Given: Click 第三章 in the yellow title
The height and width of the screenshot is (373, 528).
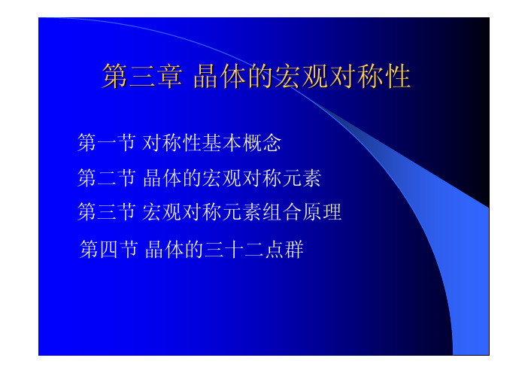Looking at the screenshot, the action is [x=142, y=76].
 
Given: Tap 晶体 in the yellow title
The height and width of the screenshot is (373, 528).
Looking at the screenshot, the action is [x=220, y=76].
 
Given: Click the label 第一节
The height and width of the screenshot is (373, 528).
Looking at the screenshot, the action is [x=106, y=142].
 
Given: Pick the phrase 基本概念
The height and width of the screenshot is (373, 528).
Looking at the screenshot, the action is [x=241, y=142].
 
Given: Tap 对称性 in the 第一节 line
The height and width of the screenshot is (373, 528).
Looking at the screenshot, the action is [x=171, y=142].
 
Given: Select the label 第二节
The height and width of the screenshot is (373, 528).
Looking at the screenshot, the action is [x=106, y=177].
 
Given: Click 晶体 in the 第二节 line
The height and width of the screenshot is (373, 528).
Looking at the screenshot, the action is [x=162, y=177].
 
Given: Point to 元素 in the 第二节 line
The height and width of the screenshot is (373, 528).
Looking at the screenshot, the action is [x=301, y=177].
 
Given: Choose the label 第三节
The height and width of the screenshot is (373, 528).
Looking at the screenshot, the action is [x=106, y=212].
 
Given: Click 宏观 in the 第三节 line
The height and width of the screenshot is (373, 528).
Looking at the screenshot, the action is [x=162, y=212].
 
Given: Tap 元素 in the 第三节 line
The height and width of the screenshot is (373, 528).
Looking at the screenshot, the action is [x=241, y=212].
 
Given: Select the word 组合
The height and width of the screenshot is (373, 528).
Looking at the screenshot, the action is [x=281, y=212].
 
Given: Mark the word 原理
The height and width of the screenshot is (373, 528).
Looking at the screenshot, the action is [x=322, y=212].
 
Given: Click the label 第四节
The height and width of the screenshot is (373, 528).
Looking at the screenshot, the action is [x=108, y=249].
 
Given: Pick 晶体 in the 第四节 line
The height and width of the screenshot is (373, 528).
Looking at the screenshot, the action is [x=164, y=249].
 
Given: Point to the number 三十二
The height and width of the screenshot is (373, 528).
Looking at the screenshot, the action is [x=234, y=249].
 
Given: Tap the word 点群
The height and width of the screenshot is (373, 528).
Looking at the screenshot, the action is [x=284, y=249].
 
